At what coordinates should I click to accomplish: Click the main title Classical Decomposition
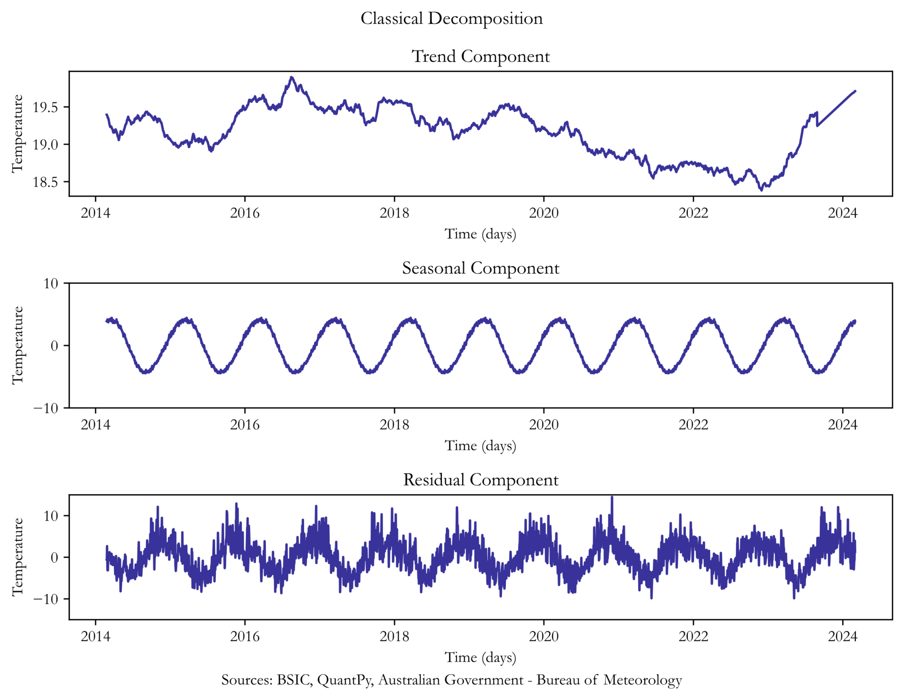[x=452, y=19]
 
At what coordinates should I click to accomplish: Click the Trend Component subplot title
[x=480, y=56]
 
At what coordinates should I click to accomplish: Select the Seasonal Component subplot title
[x=480, y=268]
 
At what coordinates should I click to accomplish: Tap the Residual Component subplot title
[x=480, y=480]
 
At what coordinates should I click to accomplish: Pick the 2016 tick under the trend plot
[x=245, y=213]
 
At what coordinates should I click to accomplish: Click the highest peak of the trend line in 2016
[x=291, y=77]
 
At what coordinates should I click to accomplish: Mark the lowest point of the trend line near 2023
[x=761, y=190]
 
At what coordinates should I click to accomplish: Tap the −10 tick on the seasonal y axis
[x=45, y=408]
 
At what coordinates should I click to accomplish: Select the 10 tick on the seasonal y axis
[x=51, y=283]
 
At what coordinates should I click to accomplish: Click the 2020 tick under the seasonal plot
[x=543, y=425]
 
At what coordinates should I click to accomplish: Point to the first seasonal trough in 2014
[x=145, y=373]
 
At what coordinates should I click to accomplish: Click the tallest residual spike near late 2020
[x=612, y=497]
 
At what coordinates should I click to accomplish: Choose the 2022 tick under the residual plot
[x=693, y=636]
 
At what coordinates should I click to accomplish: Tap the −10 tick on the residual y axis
[x=45, y=599]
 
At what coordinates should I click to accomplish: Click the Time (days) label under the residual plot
[x=480, y=657]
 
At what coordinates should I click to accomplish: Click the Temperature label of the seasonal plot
[x=17, y=345]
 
